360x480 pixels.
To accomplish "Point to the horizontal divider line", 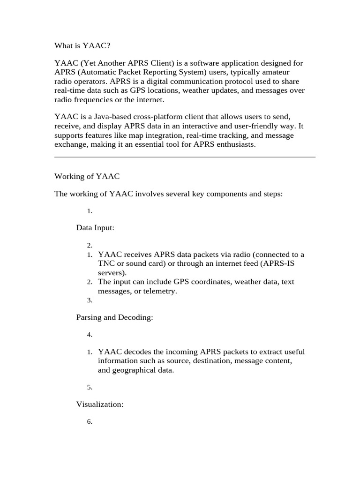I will pyautogui.click(x=185, y=157).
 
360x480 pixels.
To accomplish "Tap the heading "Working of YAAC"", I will pyautogui.click(x=87, y=176).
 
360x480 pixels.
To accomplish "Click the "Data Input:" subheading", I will pyautogui.click(x=95, y=227).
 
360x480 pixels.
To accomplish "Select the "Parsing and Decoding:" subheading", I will pyautogui.click(x=114, y=317).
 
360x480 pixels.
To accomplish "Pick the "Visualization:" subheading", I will pyautogui.click(x=99, y=404).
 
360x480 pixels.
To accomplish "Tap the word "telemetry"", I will pyautogui.click(x=160, y=291).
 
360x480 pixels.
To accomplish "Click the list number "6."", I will pyautogui.click(x=90, y=422).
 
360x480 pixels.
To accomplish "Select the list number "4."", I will pyautogui.click(x=90, y=335).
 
